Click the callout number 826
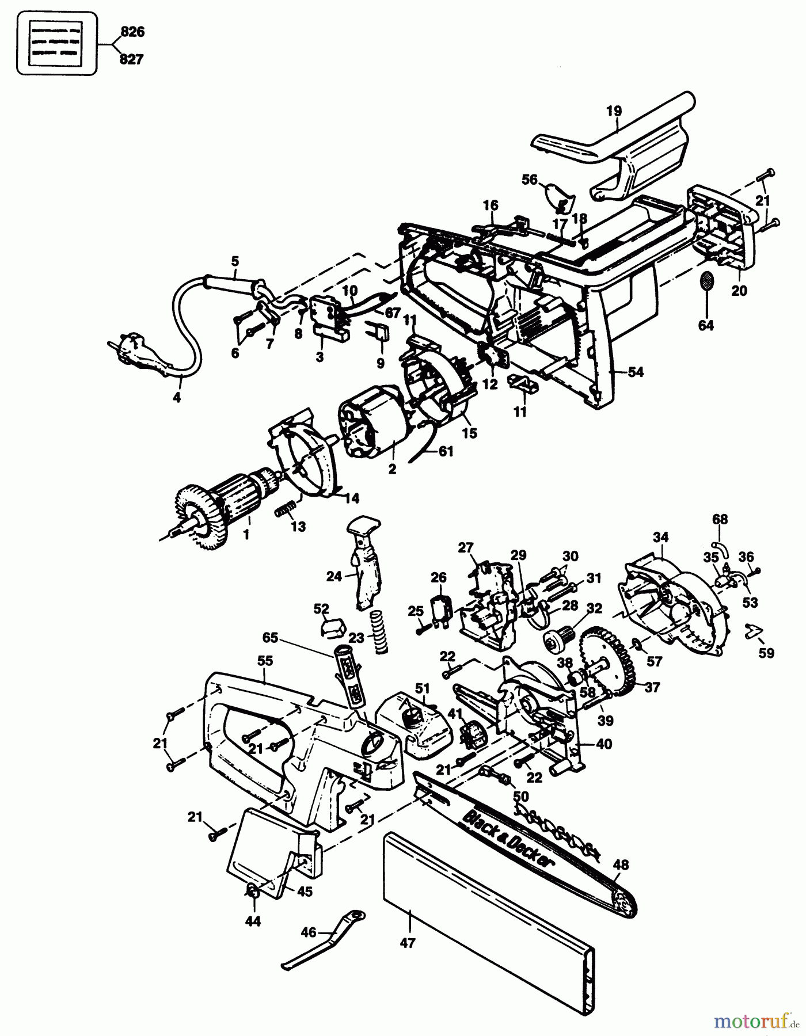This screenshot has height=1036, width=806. [x=131, y=32]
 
